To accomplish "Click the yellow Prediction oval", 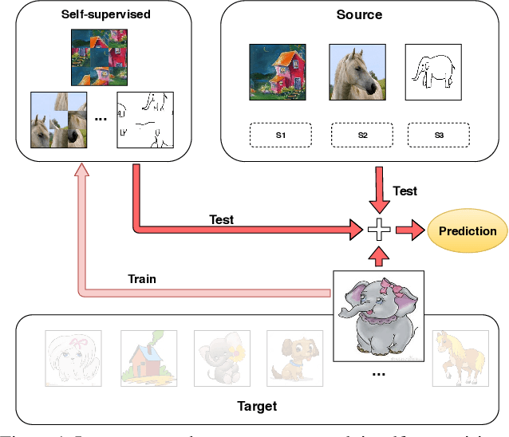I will pyautogui.click(x=467, y=231).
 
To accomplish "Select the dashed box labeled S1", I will pyautogui.click(x=280, y=136).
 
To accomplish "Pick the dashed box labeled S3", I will pyautogui.click(x=438, y=136).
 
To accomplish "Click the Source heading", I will pyautogui.click(x=359, y=14).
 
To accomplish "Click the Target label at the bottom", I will pyautogui.click(x=257, y=406).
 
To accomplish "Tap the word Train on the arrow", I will pyautogui.click(x=142, y=279).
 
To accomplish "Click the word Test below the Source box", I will pyautogui.click(x=404, y=191).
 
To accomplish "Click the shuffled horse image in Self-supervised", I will pyautogui.click(x=57, y=119).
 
